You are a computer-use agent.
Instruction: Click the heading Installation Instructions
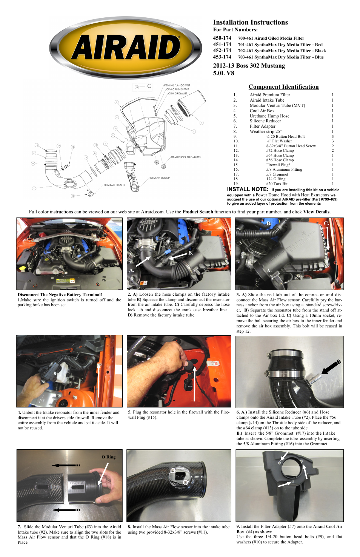(250, 22)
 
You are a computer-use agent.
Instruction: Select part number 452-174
(222, 51)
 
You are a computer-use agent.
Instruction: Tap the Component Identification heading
(283, 87)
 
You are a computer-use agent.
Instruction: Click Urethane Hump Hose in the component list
(269, 116)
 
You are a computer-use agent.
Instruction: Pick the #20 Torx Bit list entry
(277, 184)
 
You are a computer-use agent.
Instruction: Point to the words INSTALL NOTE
(247, 189)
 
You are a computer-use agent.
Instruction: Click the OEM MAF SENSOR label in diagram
(114, 185)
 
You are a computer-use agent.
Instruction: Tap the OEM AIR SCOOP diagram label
(160, 177)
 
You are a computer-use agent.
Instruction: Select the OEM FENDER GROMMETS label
(186, 157)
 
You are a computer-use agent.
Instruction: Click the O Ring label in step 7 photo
(108, 457)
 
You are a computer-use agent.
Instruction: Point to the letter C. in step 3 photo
(326, 224)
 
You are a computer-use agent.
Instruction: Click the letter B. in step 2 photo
(191, 253)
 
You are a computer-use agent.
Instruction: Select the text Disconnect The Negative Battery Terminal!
(60, 295)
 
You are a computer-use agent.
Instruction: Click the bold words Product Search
(198, 212)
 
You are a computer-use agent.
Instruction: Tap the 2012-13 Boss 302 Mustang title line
(249, 66)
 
